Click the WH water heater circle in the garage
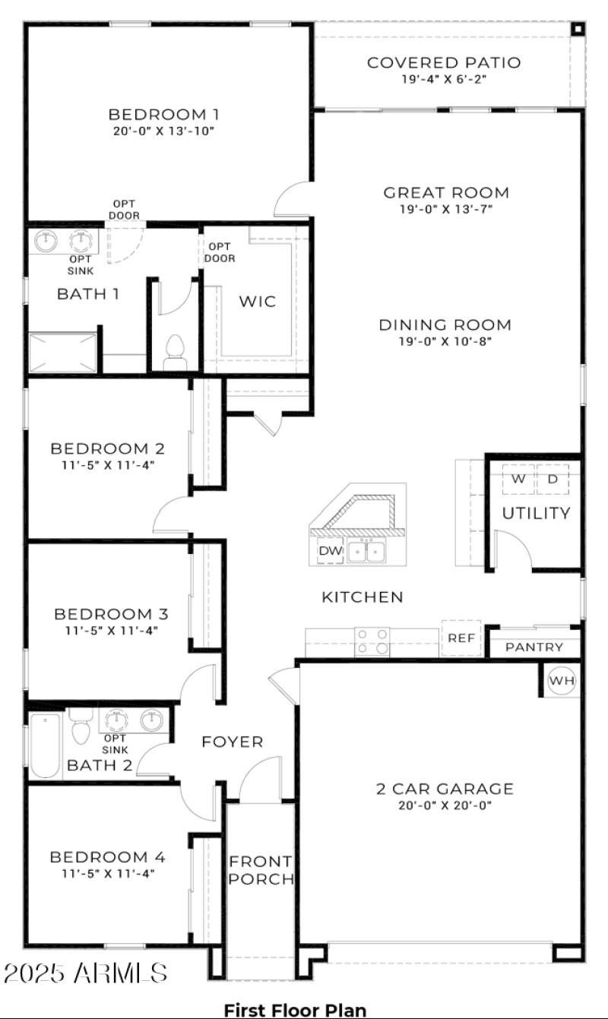coord(562,681)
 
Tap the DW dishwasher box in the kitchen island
coord(331,551)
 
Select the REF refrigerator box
coord(461,638)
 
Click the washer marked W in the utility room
coord(518,479)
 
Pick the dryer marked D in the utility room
coord(553,479)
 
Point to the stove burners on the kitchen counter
coord(372,641)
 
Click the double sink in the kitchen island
coord(366,550)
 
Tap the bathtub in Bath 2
coord(46,745)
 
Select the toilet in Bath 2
coord(81,728)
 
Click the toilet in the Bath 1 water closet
coord(176,351)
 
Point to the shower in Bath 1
coord(63,353)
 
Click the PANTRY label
coord(534,647)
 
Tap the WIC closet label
coord(258,302)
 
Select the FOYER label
coord(232,742)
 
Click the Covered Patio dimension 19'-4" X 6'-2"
coord(444,79)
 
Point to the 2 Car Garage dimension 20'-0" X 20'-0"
coord(445,805)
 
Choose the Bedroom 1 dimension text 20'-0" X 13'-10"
coord(163,131)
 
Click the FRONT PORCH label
coord(261,870)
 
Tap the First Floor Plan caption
coord(295,1010)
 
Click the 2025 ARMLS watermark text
coord(85,973)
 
